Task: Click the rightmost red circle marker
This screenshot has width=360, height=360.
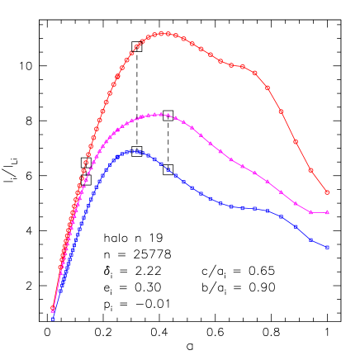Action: point(328,192)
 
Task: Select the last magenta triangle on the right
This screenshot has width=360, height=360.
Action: point(328,212)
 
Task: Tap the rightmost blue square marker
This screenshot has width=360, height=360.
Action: point(328,247)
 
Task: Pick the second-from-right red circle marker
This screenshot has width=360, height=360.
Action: point(311,170)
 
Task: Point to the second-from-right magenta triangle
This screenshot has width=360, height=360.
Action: point(311,212)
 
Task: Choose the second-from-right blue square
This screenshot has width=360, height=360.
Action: point(311,240)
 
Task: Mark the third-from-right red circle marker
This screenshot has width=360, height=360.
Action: point(296,141)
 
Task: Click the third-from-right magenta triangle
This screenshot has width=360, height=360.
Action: point(296,203)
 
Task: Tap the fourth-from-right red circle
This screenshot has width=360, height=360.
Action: point(281,111)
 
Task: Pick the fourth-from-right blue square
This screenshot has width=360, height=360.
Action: point(281,216)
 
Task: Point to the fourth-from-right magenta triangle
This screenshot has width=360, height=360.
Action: point(281,192)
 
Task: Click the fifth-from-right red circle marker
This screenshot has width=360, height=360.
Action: point(268,88)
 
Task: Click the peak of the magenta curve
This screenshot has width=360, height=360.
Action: point(158,114)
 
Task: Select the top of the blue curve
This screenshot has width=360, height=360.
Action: point(133,151)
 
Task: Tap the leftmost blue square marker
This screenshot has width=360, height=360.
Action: point(53,318)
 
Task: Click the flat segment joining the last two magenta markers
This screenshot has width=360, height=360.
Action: point(320,212)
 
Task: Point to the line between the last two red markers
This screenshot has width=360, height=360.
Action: point(320,182)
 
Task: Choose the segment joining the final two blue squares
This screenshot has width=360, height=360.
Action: point(320,244)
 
